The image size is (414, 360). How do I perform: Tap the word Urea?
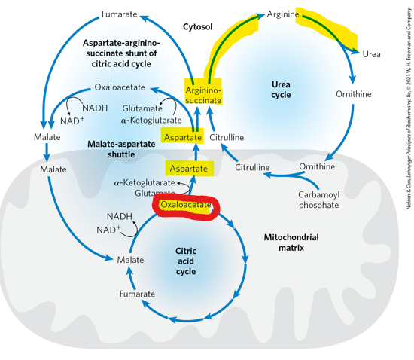pyautogui.click(x=371, y=54)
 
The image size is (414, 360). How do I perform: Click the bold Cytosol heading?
pyautogui.click(x=198, y=27)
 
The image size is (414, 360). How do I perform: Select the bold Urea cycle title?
pyautogui.click(x=281, y=90)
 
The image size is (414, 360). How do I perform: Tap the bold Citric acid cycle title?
pyautogui.click(x=185, y=261)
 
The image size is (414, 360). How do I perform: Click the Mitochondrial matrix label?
pyautogui.click(x=291, y=242)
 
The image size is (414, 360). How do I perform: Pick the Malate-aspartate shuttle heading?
pyautogui.click(x=121, y=149)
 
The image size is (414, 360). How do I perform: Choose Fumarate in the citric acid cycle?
pyautogui.click(x=137, y=294)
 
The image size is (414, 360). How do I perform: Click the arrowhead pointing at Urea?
pyautogui.click(x=355, y=50)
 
